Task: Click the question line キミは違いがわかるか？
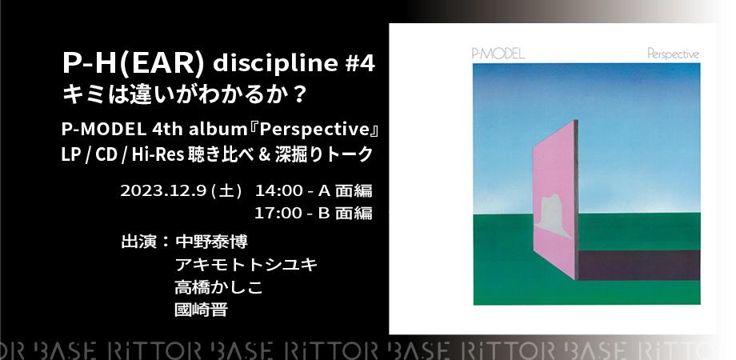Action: (185, 93)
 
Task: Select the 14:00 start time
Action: (277, 191)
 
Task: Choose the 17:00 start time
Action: (277, 213)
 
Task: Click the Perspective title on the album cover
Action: (674, 54)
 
